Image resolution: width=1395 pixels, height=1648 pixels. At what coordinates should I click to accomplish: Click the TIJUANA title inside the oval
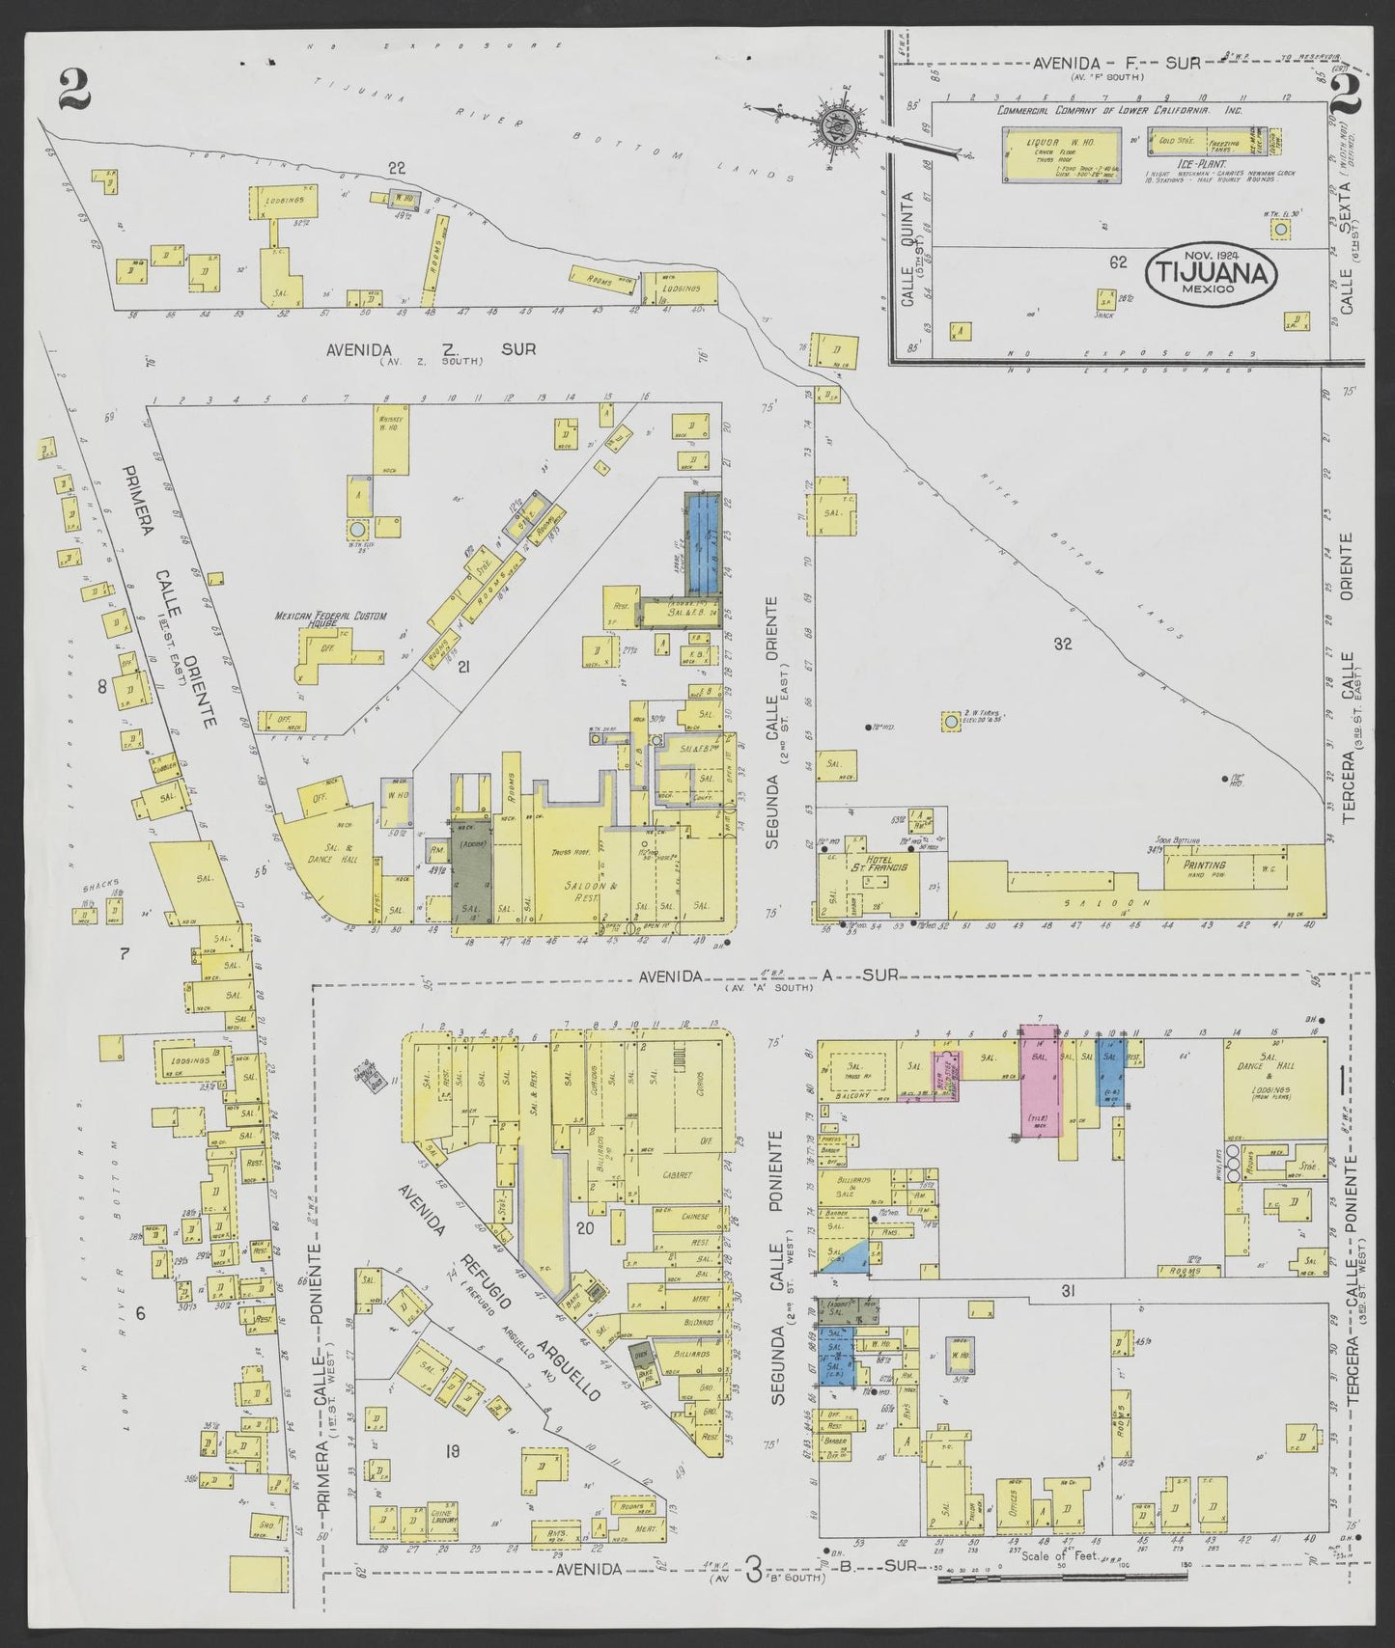click(x=1212, y=273)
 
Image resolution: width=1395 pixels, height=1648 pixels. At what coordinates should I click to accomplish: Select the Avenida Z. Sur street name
click(x=430, y=349)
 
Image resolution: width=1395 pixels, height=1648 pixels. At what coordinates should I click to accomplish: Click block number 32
click(x=1063, y=644)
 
